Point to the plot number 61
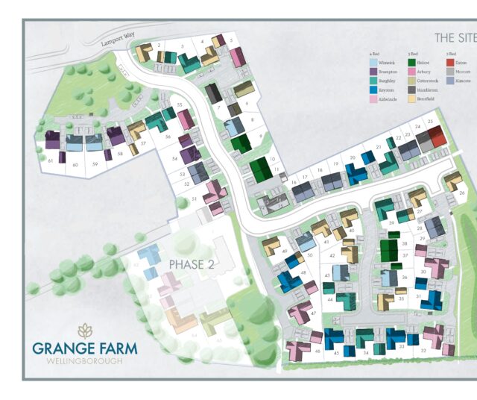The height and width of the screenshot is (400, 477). click(x=50, y=160)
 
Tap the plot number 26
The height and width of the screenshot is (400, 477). click(x=461, y=193)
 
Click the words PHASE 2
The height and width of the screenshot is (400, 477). click(x=191, y=264)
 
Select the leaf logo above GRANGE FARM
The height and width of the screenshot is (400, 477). click(x=85, y=330)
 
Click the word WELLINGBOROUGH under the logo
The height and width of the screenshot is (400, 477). click(x=83, y=361)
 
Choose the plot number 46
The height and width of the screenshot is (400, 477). click(x=318, y=350)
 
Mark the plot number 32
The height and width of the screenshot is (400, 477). click(x=423, y=350)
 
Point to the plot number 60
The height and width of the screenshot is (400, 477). click(x=75, y=163)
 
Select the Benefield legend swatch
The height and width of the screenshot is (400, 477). click(x=411, y=98)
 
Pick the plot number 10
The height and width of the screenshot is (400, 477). click(x=273, y=159)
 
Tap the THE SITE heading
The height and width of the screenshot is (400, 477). click(x=455, y=37)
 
